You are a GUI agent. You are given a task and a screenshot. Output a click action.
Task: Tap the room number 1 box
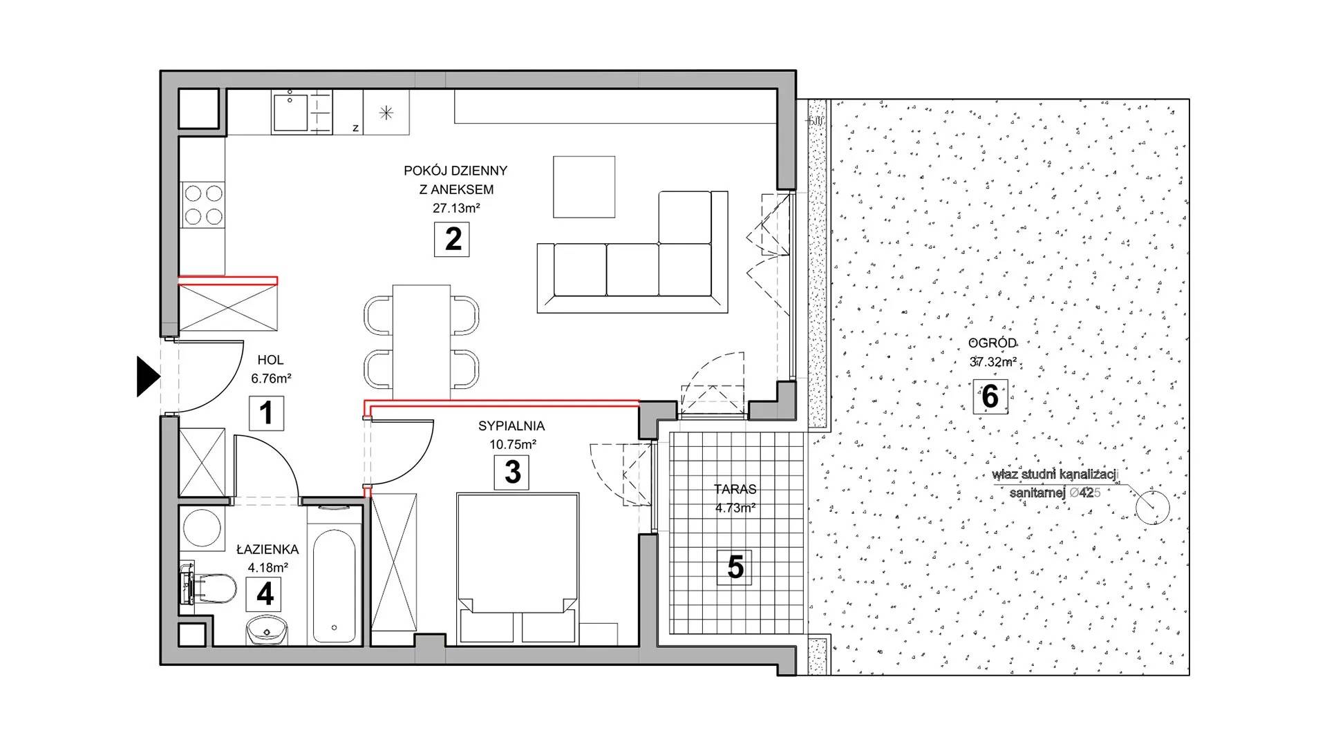266,413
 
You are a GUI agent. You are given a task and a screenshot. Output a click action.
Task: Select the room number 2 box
453,239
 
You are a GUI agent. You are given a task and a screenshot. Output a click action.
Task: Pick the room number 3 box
512,472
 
